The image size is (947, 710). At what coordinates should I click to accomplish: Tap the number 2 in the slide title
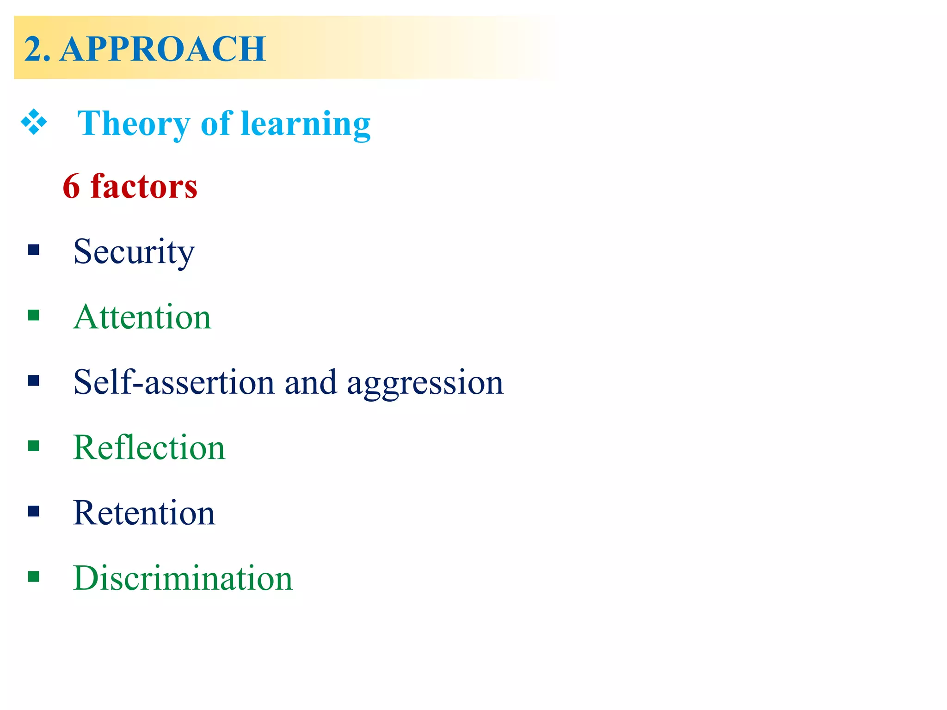pos(33,49)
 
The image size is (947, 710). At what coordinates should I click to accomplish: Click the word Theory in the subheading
pos(133,124)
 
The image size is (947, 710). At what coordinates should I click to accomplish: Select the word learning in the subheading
pos(306,124)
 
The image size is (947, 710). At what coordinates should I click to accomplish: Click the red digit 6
pos(71,186)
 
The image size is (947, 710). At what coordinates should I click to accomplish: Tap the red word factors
pos(144,186)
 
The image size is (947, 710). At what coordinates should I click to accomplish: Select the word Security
pos(134,252)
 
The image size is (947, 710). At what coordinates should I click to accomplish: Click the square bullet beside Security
pos(33,250)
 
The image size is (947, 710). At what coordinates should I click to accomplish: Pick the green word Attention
pos(142,317)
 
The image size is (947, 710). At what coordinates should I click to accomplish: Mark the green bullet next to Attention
pos(33,315)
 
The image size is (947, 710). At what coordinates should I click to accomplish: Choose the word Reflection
pos(149,447)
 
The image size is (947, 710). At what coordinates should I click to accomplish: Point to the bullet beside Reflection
pos(33,446)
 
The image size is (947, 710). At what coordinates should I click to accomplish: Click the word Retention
pos(144,513)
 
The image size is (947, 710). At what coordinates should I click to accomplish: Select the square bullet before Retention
pos(33,511)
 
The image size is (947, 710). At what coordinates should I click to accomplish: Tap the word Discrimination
pos(183,578)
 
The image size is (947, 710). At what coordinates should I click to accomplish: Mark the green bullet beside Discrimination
pos(33,576)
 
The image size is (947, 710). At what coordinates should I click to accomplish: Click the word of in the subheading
pos(216,124)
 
